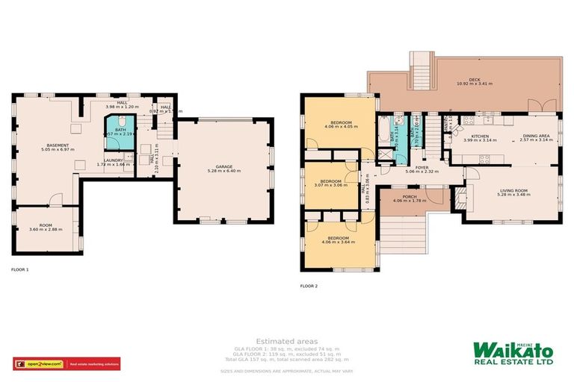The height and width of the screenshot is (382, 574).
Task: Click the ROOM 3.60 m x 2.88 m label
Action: pyautogui.click(x=46, y=225)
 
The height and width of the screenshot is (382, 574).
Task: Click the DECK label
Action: pyautogui.click(x=474, y=79)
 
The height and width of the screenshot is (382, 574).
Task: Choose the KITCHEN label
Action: pyautogui.click(x=480, y=137)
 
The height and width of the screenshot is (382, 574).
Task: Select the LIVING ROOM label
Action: pyautogui.click(x=513, y=190)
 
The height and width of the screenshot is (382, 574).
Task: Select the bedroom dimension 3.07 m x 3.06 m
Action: pyautogui.click(x=330, y=184)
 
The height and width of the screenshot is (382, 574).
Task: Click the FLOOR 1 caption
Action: pyautogui.click(x=20, y=269)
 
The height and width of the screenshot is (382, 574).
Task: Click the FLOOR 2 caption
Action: pyautogui.click(x=309, y=286)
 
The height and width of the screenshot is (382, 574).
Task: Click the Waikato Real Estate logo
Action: pyautogui.click(x=512, y=353)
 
